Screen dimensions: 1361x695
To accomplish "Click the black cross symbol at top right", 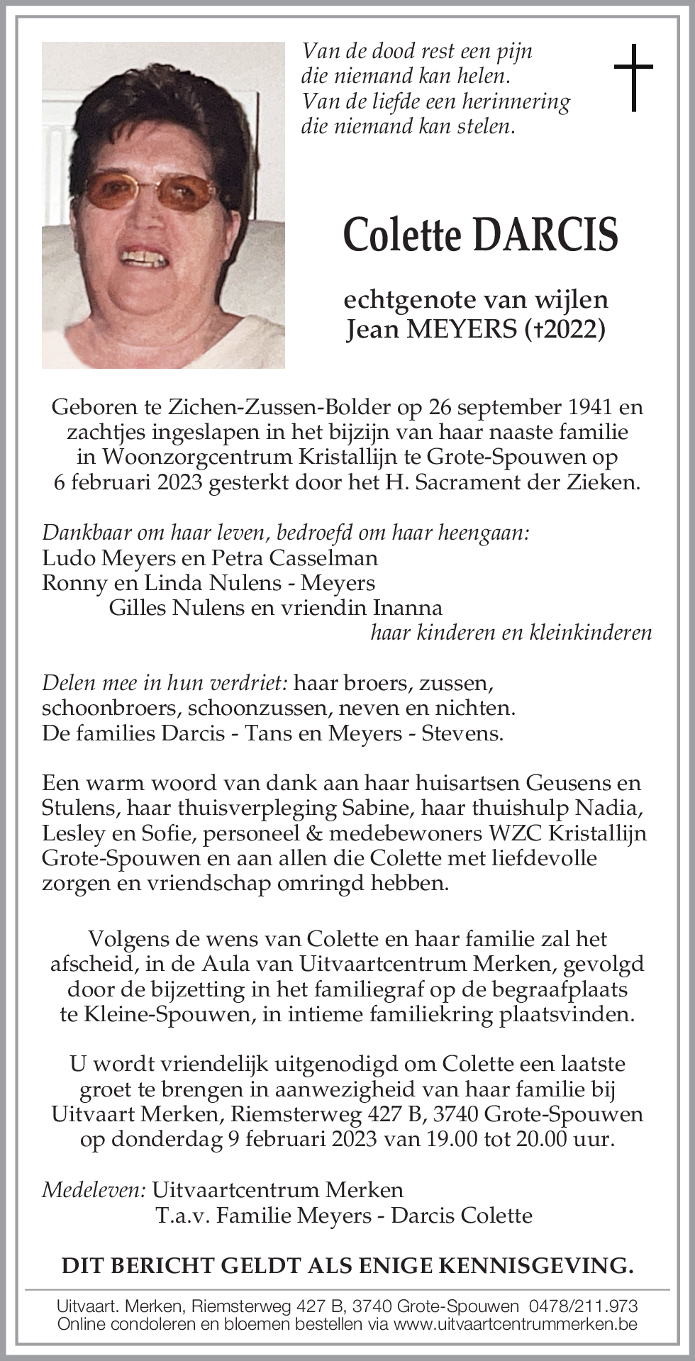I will coord(633,77).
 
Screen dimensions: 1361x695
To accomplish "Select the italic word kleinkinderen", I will coord(590,633).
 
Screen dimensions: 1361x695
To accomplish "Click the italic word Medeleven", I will coord(94,1190).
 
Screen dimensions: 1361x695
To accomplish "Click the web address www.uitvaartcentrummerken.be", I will coord(515,1324).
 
